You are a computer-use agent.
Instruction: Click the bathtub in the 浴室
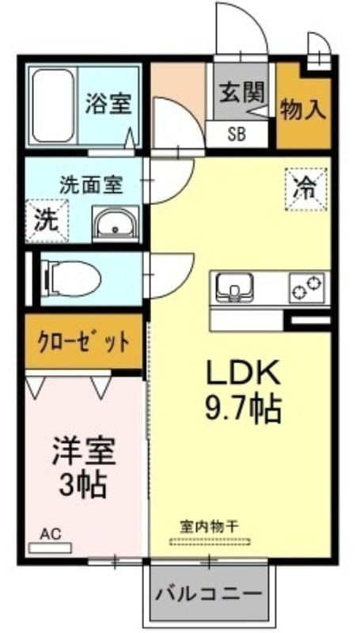point(53,105)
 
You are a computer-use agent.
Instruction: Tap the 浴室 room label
point(108,104)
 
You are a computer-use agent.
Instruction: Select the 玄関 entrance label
point(242,93)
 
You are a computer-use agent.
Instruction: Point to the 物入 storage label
point(303,109)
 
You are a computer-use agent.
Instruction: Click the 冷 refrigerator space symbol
point(306,189)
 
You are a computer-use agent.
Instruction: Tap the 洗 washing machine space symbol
point(47,222)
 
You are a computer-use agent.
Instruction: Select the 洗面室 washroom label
point(91,185)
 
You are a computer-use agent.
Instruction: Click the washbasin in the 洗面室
point(116,224)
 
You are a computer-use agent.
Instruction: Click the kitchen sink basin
point(234,287)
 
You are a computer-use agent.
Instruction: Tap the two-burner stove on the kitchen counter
point(307,287)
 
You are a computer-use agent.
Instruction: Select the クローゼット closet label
point(85,342)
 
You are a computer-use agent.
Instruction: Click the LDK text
point(243,373)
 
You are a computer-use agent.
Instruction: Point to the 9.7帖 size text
point(243,408)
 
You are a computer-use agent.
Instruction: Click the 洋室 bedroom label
point(84,451)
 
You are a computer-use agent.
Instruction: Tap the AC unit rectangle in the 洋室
point(51,548)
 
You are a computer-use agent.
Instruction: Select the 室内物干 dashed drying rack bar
point(210,541)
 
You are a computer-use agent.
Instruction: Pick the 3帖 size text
point(83,483)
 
